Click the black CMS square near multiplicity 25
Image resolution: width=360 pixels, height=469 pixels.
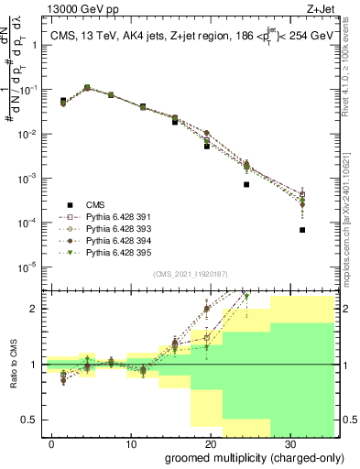coord(246,184)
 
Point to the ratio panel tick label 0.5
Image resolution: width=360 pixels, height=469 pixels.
coord(30,420)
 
